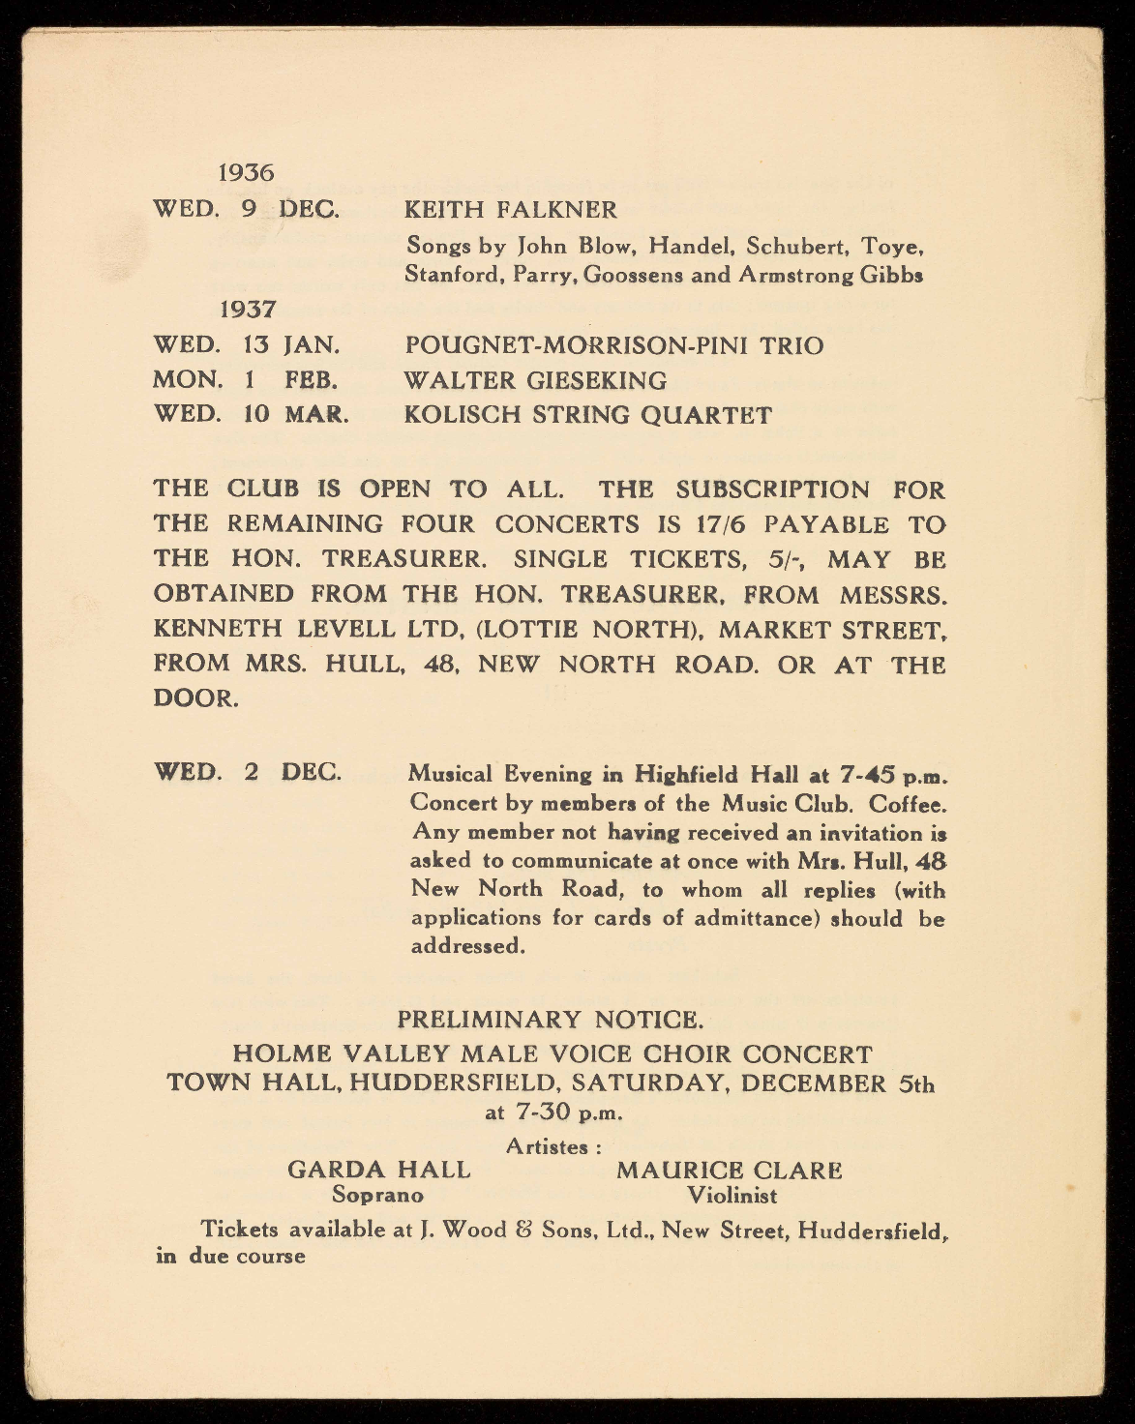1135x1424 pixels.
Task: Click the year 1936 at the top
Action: pos(247,173)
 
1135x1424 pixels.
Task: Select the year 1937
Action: pos(248,310)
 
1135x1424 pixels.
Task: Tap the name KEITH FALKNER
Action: pos(510,209)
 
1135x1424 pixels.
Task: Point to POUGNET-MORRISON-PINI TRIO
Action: pos(613,345)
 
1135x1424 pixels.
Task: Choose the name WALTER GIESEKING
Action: pos(535,380)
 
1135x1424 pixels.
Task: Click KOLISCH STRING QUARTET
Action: pos(587,415)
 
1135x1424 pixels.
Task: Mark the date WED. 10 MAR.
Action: pos(251,415)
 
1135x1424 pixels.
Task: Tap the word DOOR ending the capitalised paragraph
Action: pos(195,698)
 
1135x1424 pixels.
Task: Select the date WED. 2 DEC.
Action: pos(247,774)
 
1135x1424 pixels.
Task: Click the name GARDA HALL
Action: pos(379,1170)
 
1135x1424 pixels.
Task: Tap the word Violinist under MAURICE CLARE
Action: pos(732,1196)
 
